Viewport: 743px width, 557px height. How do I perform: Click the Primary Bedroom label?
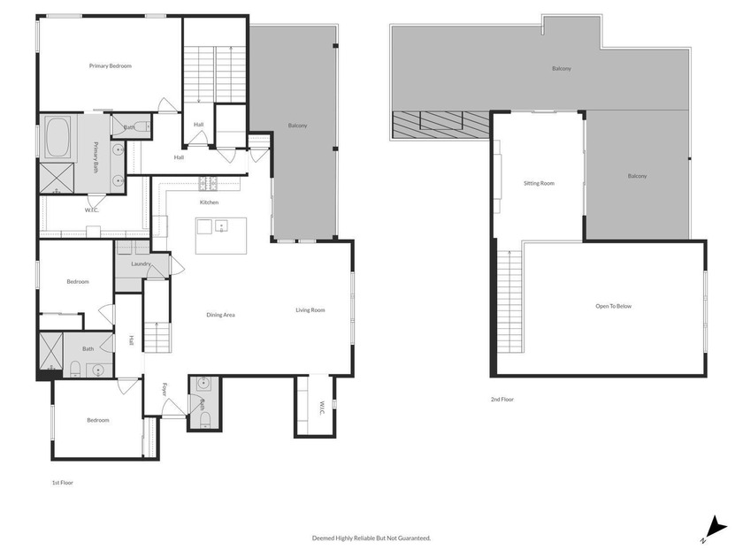110,65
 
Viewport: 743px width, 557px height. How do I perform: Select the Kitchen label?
209,202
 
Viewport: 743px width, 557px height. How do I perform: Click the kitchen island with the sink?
221,234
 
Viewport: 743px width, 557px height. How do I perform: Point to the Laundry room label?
140,263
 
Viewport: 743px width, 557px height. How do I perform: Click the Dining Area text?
220,315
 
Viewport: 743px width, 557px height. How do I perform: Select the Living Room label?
310,309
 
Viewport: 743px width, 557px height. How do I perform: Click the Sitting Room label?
539,183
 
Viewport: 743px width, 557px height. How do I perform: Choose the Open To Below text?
614,306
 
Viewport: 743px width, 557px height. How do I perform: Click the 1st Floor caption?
61,484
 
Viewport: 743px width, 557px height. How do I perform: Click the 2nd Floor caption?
502,400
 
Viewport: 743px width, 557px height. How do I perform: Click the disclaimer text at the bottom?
371,538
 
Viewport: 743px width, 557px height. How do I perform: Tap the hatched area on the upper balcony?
440,125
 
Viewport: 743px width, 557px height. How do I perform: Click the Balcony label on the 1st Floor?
298,126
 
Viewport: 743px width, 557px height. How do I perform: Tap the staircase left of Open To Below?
511,301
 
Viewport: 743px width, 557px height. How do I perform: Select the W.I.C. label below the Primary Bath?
90,210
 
